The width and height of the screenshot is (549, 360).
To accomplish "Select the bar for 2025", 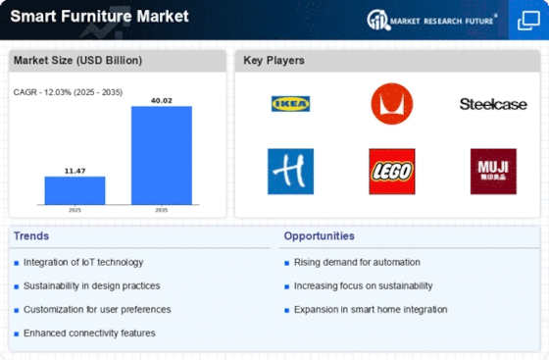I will click(75, 190).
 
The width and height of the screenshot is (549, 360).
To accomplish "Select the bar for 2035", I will click(162, 155).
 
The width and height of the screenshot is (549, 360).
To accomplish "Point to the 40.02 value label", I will click(162, 98).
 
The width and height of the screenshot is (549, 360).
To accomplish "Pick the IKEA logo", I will click(291, 103).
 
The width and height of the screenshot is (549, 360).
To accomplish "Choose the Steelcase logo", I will click(492, 103).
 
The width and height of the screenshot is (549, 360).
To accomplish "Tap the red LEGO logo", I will click(392, 171).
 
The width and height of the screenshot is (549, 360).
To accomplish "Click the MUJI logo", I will click(492, 171).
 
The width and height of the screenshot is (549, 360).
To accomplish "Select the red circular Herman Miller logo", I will click(392, 103).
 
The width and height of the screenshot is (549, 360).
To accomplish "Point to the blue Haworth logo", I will click(291, 171).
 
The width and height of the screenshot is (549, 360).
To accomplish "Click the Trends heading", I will click(31, 236).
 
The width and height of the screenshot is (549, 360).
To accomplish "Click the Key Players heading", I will click(274, 61).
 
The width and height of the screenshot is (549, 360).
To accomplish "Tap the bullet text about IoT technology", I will click(84, 262).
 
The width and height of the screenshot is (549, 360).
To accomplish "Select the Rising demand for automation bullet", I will click(357, 262).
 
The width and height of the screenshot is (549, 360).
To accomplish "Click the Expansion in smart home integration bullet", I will click(371, 309).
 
